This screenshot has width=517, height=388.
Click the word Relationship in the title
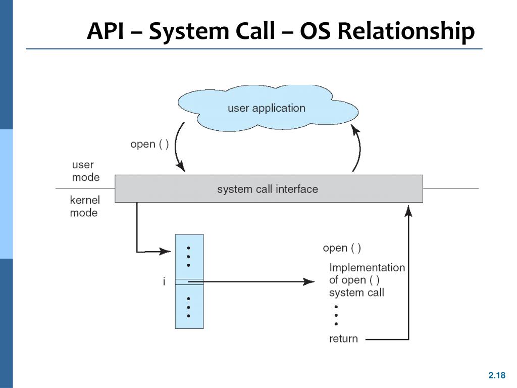406,32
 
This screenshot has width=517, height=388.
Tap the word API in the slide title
106,31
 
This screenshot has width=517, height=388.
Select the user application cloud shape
268,108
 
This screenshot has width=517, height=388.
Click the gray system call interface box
269,189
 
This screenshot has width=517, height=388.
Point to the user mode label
85,171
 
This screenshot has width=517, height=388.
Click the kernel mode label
85,206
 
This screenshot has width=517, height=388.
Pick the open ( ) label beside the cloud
149,144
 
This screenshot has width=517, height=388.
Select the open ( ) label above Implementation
342,248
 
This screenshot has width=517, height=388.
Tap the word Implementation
367,267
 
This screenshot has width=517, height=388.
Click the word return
343,338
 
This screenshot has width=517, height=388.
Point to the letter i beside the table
164,281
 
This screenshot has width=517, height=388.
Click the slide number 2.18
497,375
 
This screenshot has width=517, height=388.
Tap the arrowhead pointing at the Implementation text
309,281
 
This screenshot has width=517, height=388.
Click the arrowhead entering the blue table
165,252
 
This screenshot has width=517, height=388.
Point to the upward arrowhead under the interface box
408,211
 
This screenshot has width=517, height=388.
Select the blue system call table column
189,281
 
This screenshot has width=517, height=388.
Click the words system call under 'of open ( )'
356,293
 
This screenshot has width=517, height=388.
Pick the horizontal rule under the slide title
254,49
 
